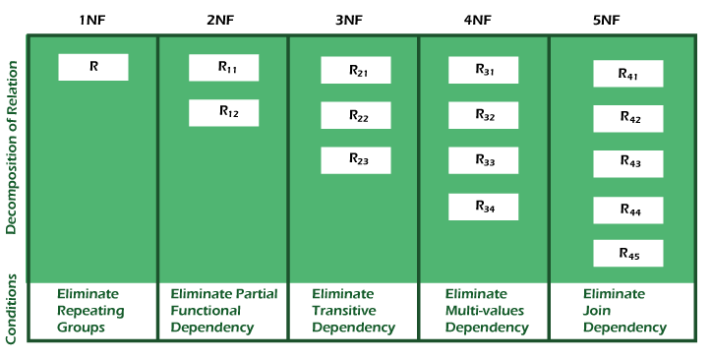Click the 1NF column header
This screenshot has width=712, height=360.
[x=92, y=19]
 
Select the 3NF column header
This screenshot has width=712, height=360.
[x=353, y=19]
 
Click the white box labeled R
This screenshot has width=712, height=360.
[x=93, y=67]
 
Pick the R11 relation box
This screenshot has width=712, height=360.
[x=224, y=68]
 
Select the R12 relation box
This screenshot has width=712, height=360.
[x=224, y=112]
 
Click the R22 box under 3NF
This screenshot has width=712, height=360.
[x=356, y=116]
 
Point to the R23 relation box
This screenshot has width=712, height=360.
[x=356, y=160]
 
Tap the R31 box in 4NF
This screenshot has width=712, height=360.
[x=484, y=71]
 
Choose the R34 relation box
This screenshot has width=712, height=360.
[x=484, y=207]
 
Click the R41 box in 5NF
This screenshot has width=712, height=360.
[x=627, y=74]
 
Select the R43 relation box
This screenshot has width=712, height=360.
[x=627, y=163]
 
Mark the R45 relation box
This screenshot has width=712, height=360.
[x=627, y=254]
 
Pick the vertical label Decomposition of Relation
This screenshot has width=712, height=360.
[x=12, y=148]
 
